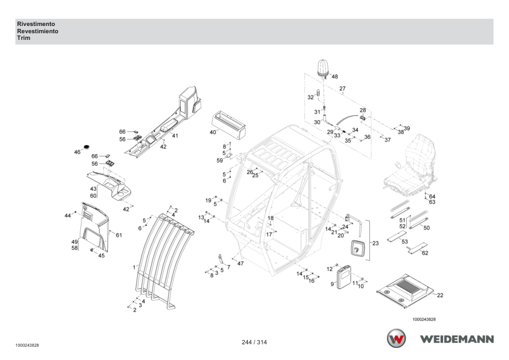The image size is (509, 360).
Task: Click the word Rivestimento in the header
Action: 36,24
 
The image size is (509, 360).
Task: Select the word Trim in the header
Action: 24,38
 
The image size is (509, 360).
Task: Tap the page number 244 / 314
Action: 254,342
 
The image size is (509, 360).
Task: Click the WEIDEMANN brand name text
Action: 457,339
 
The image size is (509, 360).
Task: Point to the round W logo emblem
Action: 396,338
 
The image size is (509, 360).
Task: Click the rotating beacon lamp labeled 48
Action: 323,69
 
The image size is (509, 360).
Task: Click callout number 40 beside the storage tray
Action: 213,132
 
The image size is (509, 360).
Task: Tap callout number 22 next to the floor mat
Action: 440,295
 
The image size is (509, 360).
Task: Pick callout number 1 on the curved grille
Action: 134,268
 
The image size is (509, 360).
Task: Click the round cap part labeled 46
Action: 86,147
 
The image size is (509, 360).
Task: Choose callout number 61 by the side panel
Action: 119,235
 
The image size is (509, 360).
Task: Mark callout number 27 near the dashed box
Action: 343,88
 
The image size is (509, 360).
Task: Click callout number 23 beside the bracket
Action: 375,243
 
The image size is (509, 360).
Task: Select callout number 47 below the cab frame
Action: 240,264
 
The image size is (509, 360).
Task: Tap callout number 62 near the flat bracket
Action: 425,253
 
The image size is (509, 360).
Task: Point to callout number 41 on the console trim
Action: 175,135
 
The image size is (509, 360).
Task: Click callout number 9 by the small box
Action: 332,284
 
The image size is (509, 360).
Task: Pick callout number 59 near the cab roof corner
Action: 220,161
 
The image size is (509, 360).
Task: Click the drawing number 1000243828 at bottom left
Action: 27,346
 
